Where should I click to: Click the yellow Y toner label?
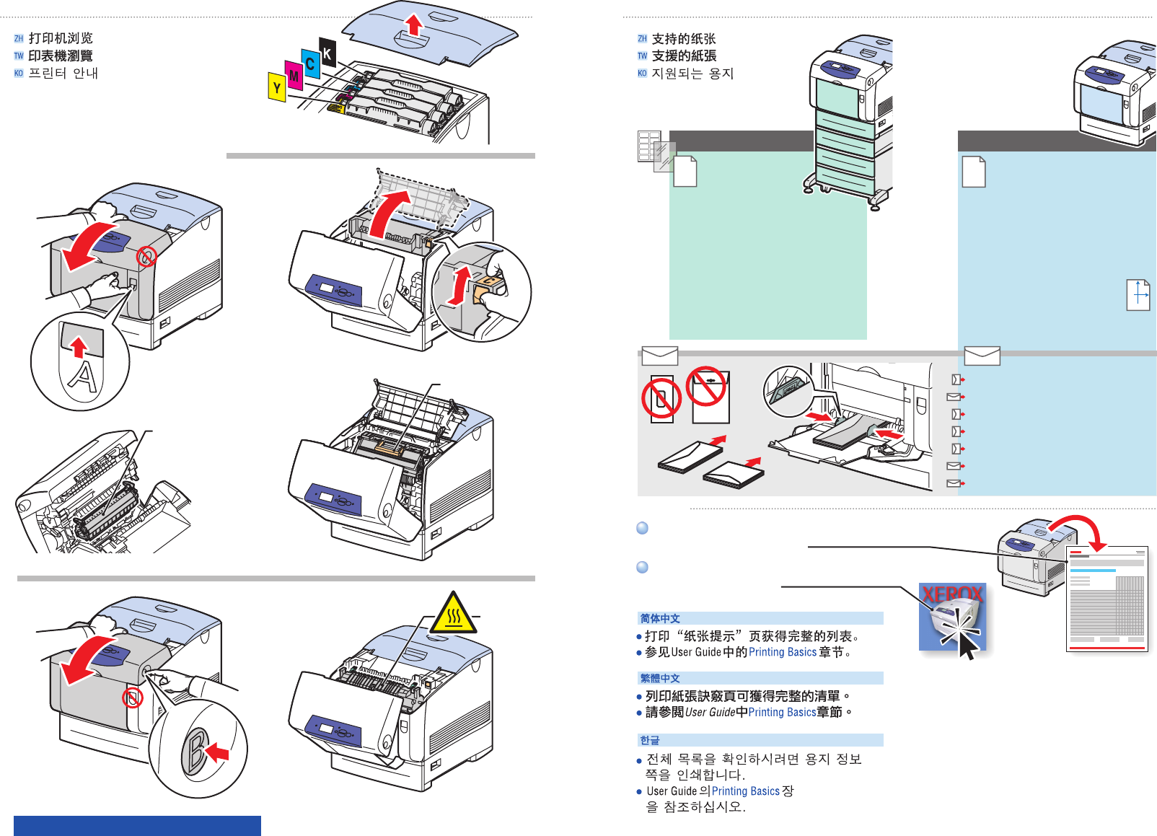click(x=277, y=88)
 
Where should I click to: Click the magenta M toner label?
click(x=294, y=76)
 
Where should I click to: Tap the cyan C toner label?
click(x=310, y=63)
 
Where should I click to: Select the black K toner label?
click(x=327, y=53)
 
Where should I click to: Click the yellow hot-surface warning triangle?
click(x=454, y=615)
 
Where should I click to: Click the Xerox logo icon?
click(x=952, y=616)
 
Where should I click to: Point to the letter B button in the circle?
click(x=195, y=751)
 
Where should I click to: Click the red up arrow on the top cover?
click(x=413, y=25)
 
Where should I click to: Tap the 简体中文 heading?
click(x=660, y=618)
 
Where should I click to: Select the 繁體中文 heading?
click(x=660, y=678)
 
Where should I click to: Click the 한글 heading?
click(x=650, y=740)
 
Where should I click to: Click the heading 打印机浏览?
click(x=61, y=38)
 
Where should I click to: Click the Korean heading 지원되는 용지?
click(x=692, y=74)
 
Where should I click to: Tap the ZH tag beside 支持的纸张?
click(x=642, y=39)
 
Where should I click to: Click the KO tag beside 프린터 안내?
click(x=19, y=74)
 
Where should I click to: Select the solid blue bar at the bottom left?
click(x=137, y=825)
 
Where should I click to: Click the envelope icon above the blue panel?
click(x=982, y=356)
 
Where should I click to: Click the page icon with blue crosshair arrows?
click(x=1138, y=295)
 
